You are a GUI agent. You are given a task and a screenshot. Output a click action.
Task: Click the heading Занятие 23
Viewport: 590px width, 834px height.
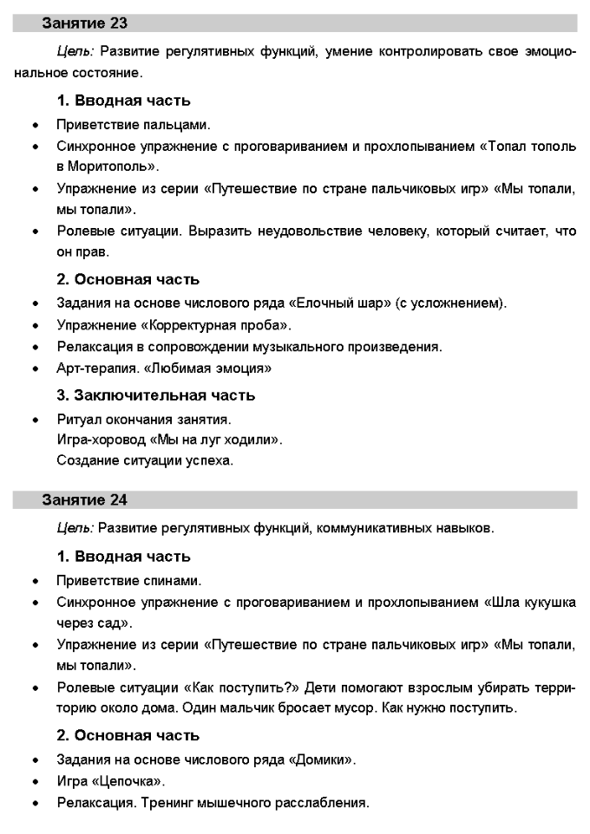coord(85,23)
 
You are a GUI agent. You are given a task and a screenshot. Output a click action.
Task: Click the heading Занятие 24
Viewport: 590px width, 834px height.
coord(85,499)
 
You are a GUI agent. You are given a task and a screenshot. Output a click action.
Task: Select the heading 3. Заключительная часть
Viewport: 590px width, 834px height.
coord(156,395)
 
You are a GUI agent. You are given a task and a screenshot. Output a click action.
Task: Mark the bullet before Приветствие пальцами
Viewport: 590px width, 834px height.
coord(35,126)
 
